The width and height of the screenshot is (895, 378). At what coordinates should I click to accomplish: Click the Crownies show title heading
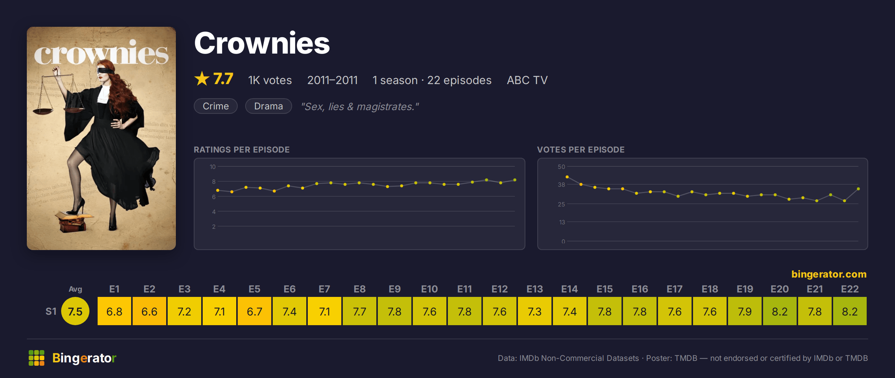point(262,43)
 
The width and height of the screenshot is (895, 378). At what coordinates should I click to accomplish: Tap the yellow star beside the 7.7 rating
point(202,79)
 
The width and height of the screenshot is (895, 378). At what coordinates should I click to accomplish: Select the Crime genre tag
point(216,106)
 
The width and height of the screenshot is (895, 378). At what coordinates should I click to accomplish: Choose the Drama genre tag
point(268,106)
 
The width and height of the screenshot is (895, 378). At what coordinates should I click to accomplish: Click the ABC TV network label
point(527,80)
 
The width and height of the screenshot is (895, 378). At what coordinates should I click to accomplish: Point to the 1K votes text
point(270,80)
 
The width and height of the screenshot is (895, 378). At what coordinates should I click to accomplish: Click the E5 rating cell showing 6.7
point(254,311)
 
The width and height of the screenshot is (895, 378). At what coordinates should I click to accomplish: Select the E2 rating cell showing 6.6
point(149,311)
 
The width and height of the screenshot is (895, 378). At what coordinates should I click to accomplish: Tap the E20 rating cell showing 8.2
point(780,311)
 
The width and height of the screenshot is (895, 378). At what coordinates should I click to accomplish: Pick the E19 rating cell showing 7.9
point(745,311)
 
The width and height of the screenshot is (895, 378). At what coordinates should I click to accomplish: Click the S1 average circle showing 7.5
point(75,311)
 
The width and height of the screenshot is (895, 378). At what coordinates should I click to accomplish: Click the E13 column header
point(535,289)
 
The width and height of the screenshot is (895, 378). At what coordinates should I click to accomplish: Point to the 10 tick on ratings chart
point(212,167)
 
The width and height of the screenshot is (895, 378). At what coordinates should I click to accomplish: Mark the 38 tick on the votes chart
point(561,185)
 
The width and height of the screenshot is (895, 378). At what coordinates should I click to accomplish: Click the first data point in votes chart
point(567,177)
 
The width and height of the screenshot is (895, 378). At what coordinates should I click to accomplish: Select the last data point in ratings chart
point(515,180)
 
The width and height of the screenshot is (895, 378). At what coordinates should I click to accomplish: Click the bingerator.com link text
point(829,274)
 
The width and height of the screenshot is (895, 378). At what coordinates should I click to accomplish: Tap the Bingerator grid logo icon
point(37,358)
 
